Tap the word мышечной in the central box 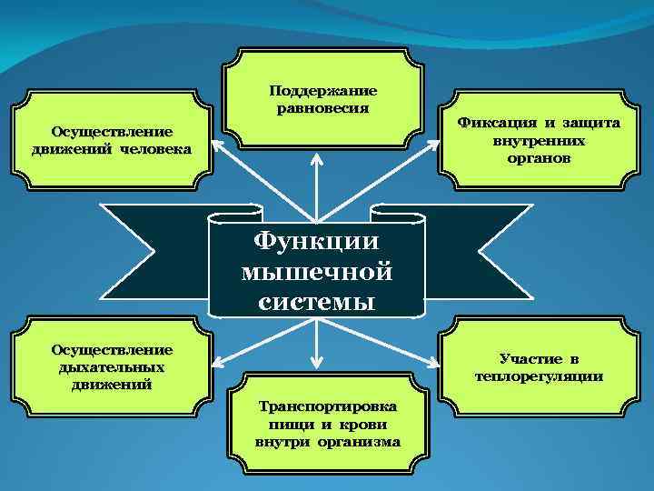tap(316, 272)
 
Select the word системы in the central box tap(316, 301)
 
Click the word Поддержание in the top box tap(323, 91)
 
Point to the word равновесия tap(323, 108)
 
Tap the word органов tap(540, 157)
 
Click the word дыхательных tap(114, 366)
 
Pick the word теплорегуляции tap(539, 376)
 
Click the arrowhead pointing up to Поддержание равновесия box tap(316, 156)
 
